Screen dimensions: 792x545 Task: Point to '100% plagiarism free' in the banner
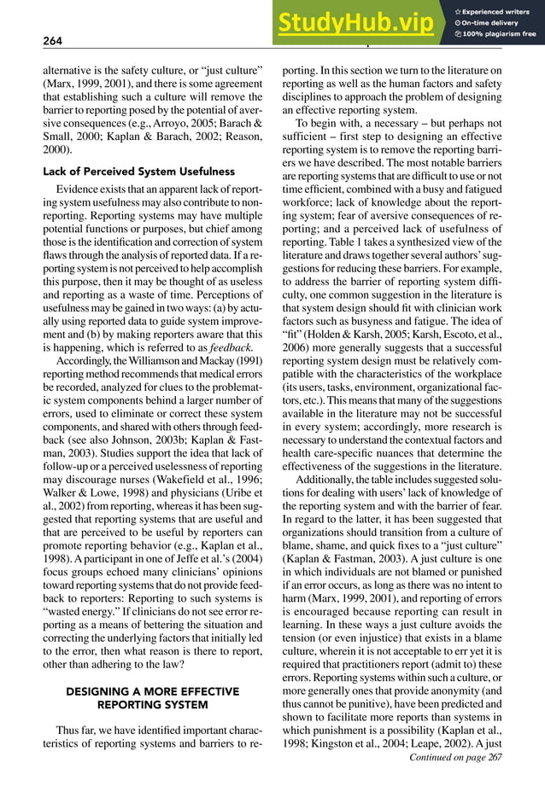point(499,35)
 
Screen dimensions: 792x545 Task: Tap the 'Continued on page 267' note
point(456,755)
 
